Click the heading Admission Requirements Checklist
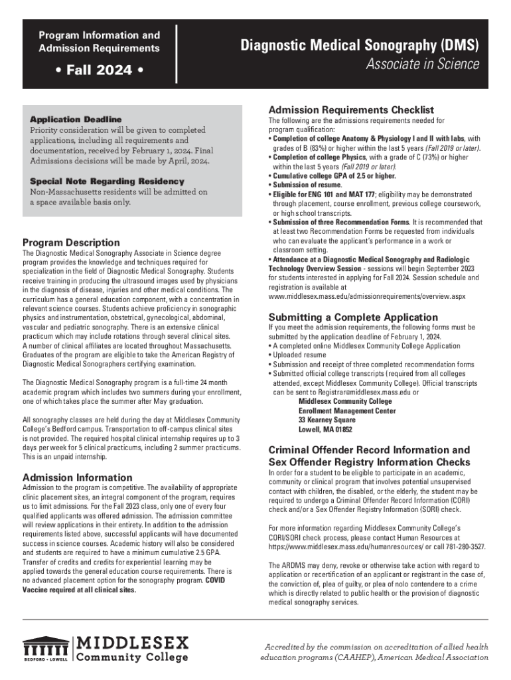click(x=350, y=110)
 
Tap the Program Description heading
click(x=71, y=242)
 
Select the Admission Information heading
click(x=77, y=477)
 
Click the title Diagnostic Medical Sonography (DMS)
click(x=359, y=46)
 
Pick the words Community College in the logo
click(x=133, y=657)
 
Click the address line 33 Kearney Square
click(x=327, y=420)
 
